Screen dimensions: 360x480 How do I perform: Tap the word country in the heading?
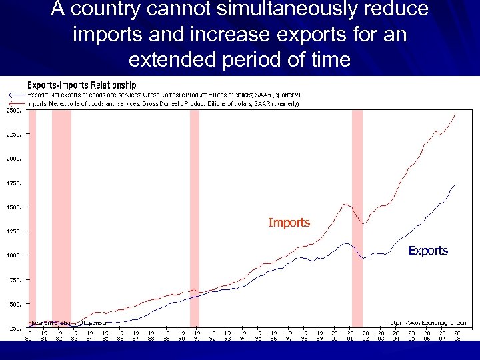[120, 11]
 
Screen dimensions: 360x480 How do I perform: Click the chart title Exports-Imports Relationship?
[81, 85]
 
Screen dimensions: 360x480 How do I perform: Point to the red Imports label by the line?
[289, 222]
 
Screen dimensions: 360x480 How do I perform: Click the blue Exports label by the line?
[428, 251]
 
